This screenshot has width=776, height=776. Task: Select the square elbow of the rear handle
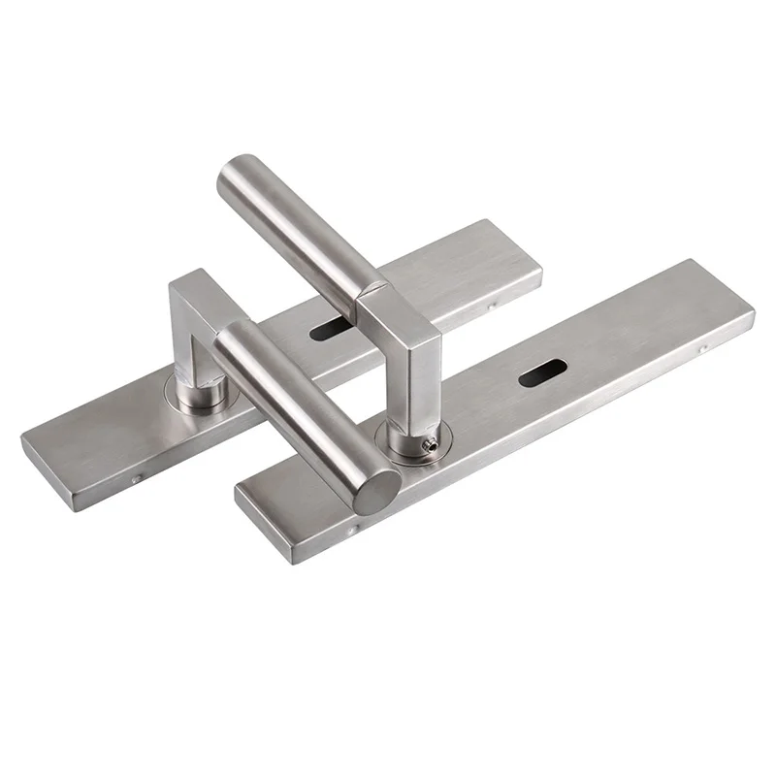point(197,292)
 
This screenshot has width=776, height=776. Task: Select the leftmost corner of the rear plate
point(23,438)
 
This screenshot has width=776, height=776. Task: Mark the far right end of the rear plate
point(540,275)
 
